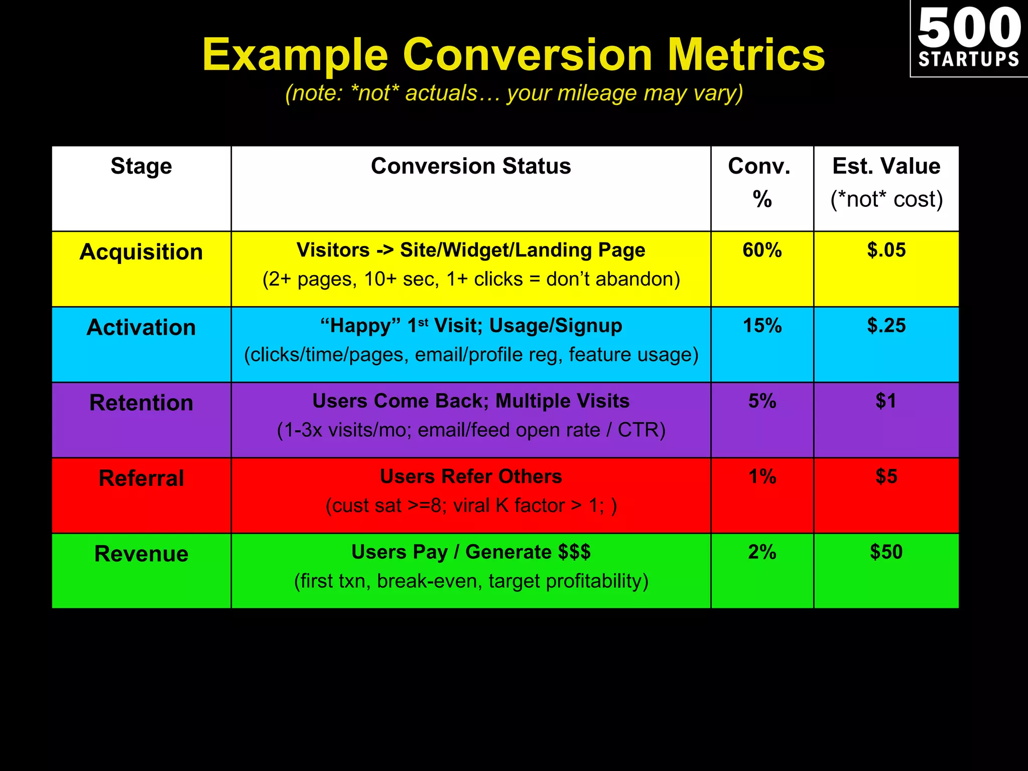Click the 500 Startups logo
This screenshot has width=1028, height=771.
(x=969, y=38)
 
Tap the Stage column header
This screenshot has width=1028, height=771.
(x=141, y=166)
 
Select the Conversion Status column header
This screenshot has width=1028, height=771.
(x=471, y=166)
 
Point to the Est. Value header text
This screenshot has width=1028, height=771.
(x=886, y=166)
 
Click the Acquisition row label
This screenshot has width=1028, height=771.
(x=141, y=252)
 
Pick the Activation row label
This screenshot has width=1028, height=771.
(x=141, y=328)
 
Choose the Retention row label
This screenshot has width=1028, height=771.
(x=141, y=403)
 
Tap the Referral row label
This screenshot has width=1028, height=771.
(x=141, y=478)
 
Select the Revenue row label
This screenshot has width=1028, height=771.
(x=141, y=554)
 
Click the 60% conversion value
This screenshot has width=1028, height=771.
(x=762, y=250)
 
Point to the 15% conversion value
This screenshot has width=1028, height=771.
(x=762, y=326)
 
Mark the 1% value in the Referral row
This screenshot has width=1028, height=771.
(x=762, y=476)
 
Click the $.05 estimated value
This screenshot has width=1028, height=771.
(x=886, y=250)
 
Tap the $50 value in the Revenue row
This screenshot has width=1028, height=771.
(x=886, y=552)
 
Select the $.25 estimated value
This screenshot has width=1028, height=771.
(x=886, y=326)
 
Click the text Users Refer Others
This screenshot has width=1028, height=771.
(x=471, y=476)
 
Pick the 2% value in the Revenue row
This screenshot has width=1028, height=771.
(x=762, y=552)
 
